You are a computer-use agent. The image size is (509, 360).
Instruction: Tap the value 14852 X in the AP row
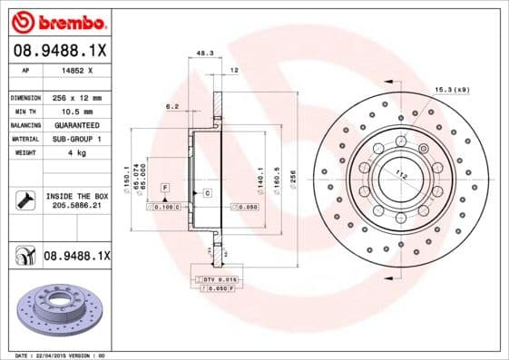point(73,70)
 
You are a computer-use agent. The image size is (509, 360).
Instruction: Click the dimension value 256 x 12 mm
point(75,98)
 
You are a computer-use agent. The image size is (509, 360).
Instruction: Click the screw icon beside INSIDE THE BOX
point(24,201)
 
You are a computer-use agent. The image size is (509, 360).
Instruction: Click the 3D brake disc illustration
point(59,308)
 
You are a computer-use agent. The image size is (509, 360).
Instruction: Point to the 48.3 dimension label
point(205,53)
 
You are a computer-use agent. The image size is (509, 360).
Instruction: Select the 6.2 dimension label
point(171,107)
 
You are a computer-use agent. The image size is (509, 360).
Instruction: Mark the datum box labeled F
point(165,186)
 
